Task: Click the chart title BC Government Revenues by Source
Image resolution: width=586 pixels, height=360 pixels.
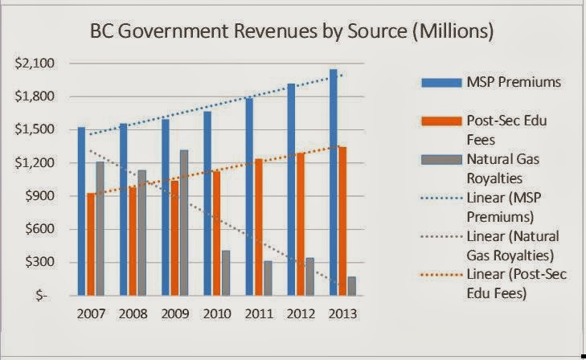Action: click(x=293, y=34)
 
